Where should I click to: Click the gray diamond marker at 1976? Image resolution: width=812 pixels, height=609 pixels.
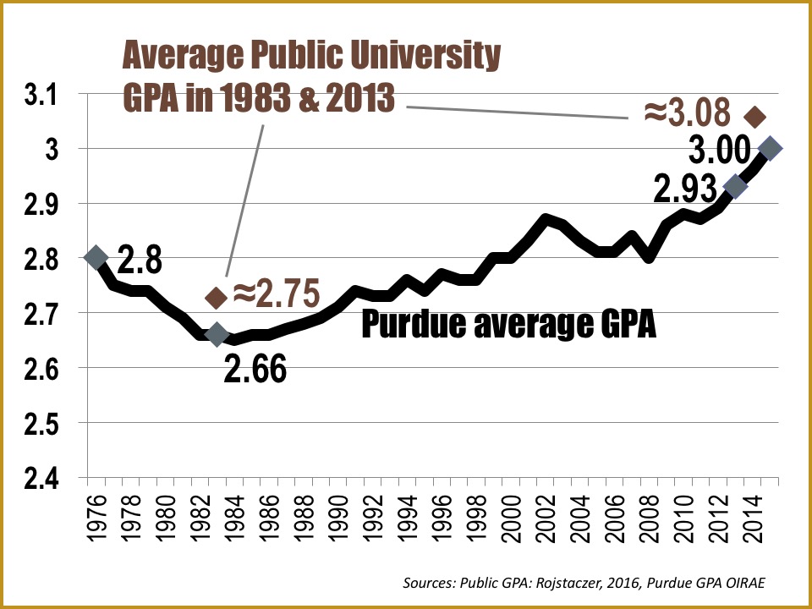click(x=95, y=257)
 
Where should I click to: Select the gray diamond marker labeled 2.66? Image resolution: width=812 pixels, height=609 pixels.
click(x=217, y=335)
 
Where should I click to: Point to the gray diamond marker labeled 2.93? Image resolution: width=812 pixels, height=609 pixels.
click(x=736, y=187)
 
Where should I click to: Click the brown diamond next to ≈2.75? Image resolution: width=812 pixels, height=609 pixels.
click(x=217, y=297)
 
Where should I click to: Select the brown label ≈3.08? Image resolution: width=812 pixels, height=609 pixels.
click(x=686, y=112)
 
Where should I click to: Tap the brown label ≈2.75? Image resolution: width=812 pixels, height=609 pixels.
click(x=276, y=294)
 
